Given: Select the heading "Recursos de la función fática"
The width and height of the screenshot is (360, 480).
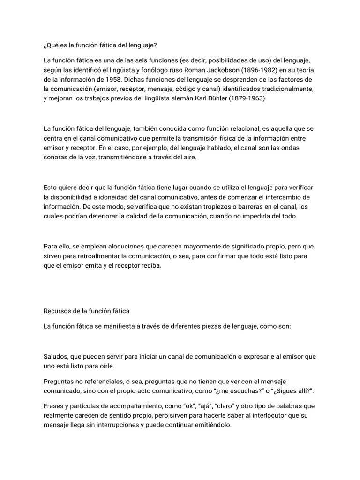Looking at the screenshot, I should (x=86, y=311).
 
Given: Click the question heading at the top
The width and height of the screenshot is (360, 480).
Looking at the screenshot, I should (x=101, y=45).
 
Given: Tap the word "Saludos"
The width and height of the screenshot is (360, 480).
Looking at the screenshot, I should (x=56, y=356).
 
